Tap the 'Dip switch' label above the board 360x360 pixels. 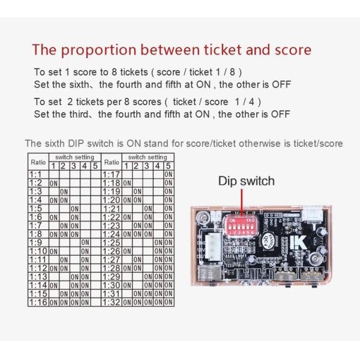pyautogui.click(x=246, y=181)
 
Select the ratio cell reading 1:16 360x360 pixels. pyautogui.click(x=38, y=302)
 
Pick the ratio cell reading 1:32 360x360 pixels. pyautogui.click(x=112, y=302)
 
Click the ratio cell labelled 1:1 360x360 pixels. pyautogui.click(x=35, y=174)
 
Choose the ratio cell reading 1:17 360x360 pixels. pyautogui.click(x=112, y=174)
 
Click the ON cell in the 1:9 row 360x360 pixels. pyautogui.click(x=85, y=242)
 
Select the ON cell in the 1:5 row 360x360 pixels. pyautogui.click(x=74, y=209)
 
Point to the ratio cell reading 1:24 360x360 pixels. pyautogui.click(x=112, y=234)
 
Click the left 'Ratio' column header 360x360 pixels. pyautogui.click(x=38, y=161)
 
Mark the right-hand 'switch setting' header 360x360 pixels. pyautogui.click(x=148, y=157)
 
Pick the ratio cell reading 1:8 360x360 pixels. pyautogui.click(x=35, y=234)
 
